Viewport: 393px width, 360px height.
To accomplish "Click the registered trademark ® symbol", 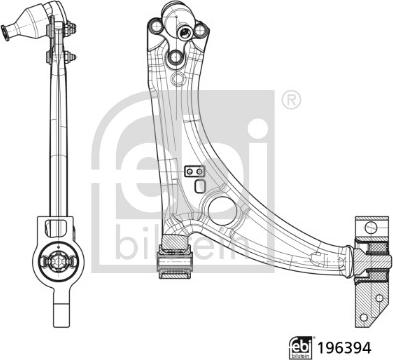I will tap(290, 100).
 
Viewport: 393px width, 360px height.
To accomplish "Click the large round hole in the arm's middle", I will tap(214, 210).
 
